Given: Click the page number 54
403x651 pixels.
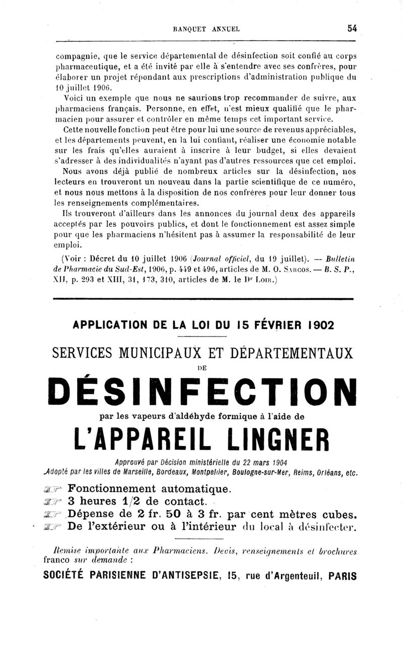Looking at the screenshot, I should click(352, 29).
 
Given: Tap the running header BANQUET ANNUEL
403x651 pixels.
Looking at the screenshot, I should click(207, 29).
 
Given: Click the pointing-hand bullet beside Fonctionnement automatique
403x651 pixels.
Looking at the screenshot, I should click(53, 489).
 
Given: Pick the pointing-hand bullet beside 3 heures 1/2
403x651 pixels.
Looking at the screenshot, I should click(53, 502).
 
